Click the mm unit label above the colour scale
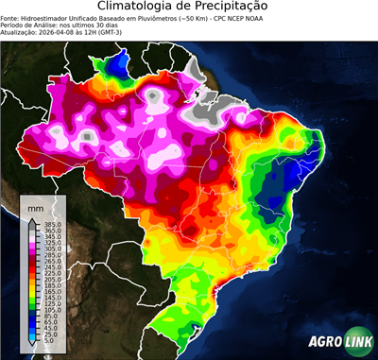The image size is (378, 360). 36,206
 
